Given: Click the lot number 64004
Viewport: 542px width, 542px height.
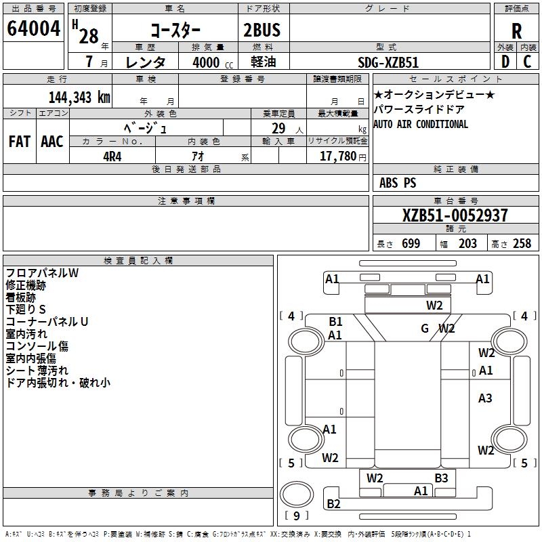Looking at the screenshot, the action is point(33,28).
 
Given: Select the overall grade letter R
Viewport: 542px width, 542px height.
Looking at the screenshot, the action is point(516,31).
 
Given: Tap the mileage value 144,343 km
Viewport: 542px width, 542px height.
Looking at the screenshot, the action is point(79,98).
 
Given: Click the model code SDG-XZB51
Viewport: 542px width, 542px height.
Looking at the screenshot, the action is point(388,62).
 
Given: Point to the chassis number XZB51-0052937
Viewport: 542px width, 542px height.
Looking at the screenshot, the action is point(455,215).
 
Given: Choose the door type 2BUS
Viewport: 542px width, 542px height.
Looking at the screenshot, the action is point(262,30).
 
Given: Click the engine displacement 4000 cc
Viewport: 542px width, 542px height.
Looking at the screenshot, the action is point(213,62).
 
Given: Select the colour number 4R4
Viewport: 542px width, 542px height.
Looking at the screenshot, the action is point(112,157).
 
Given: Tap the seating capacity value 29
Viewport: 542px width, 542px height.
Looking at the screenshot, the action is point(278,129).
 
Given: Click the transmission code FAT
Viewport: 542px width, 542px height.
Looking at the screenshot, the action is point(20,142).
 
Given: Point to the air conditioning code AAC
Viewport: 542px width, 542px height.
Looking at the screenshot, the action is point(52,142).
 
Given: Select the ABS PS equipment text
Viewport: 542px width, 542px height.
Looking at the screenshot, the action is point(398,183).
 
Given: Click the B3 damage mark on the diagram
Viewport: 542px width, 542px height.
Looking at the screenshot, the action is point(442,478).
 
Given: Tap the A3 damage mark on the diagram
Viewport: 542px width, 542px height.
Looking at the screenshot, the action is point(485,398).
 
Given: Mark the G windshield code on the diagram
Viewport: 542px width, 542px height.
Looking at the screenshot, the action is point(425,328).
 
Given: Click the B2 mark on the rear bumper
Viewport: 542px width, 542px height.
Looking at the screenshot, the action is point(333,504).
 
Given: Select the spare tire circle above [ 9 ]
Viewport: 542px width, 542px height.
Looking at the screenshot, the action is point(297,495).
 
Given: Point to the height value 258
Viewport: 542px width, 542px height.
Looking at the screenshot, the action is point(522,243).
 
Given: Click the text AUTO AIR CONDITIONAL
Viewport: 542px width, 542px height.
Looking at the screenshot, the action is point(421,124).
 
